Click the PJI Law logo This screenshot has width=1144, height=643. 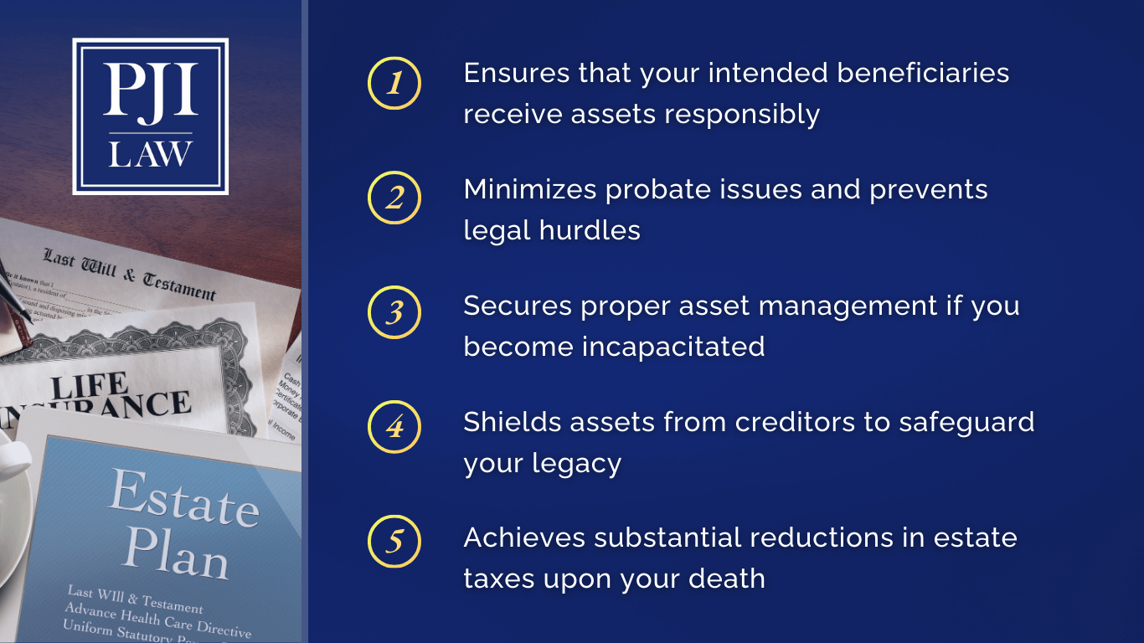[151, 116]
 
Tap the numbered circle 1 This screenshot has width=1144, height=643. [394, 84]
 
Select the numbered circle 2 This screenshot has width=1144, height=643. [394, 198]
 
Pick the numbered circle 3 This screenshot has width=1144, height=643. [394, 313]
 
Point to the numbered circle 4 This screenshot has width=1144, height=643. [394, 428]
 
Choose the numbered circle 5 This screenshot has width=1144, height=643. [394, 543]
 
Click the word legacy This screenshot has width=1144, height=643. [581, 463]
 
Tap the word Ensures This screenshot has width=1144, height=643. [517, 73]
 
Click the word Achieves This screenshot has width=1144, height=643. [524, 537]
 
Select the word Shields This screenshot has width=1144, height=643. [513, 421]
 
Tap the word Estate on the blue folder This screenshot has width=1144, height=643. [183, 499]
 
